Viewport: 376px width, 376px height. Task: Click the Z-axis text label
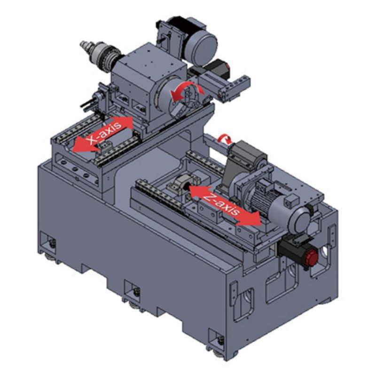tap(221, 204)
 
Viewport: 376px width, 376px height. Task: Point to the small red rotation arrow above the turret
tap(225, 139)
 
